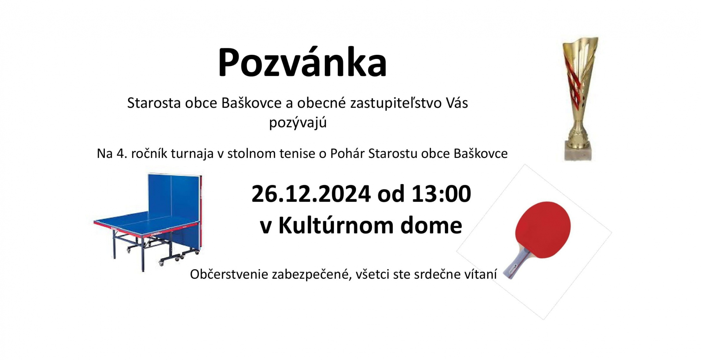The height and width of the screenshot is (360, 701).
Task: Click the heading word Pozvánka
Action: pos(302,62)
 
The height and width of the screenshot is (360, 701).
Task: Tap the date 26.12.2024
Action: pos(311,194)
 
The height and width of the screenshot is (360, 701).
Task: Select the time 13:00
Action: pos(441,194)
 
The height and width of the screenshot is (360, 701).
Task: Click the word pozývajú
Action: pos(298,123)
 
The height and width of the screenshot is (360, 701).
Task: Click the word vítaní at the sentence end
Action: pos(478,274)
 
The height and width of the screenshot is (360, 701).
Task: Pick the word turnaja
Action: pos(192,154)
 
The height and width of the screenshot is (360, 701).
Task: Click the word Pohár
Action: pos(347,153)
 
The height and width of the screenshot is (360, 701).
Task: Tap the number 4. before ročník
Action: pos(121,154)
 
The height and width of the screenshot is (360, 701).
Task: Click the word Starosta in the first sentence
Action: pos(154,103)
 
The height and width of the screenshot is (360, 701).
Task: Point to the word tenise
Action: pos(298,153)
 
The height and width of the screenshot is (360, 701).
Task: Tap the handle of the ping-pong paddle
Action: pos(516,264)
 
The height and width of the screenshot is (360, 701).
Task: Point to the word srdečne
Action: pos(435,274)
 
